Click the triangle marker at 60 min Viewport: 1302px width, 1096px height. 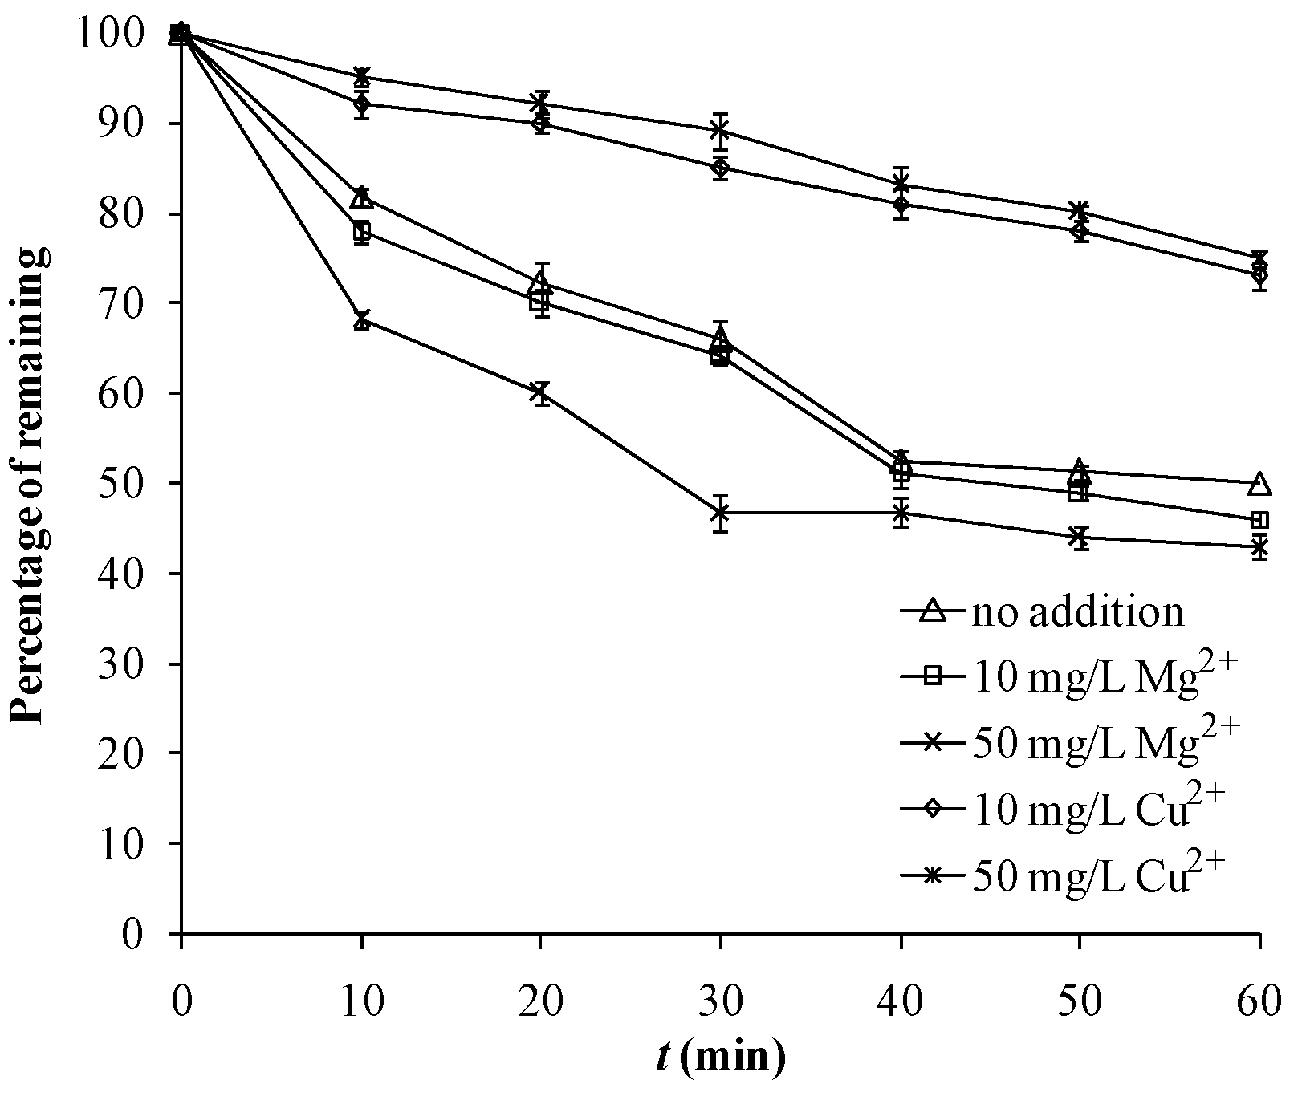coord(1260,483)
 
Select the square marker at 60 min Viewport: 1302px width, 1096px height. coord(1260,520)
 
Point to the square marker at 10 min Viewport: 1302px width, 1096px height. coord(362,232)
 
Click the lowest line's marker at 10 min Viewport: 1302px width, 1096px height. coord(362,320)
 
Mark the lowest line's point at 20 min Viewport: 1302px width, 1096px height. coord(541,392)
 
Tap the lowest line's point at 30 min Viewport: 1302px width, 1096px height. coord(721,512)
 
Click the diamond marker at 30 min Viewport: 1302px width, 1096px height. coord(721,168)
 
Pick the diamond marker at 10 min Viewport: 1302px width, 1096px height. coord(362,104)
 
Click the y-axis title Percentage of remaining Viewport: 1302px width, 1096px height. coord(29,484)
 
